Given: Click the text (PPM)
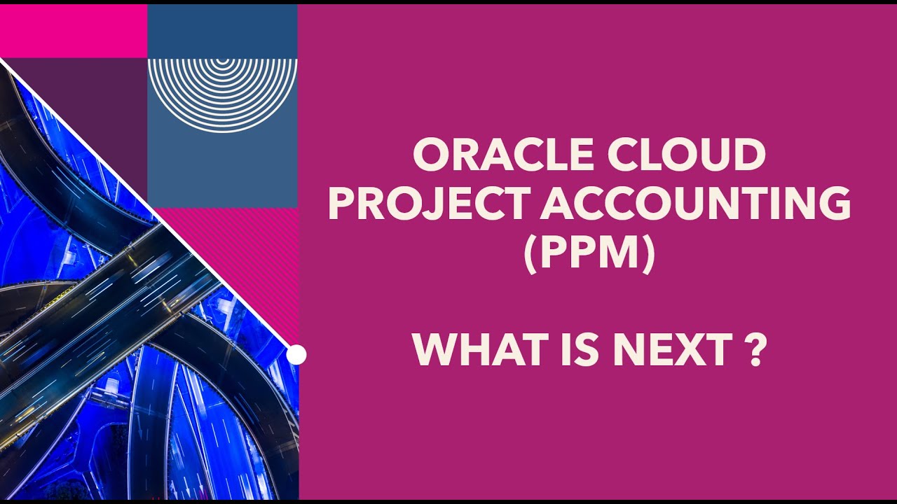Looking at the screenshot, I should [589, 254].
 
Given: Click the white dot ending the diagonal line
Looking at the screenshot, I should [296, 355].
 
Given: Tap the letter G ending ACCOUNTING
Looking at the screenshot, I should [833, 204].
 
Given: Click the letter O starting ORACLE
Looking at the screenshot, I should [432, 155].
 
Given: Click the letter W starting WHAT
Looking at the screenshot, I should [434, 350].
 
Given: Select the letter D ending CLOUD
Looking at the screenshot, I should [748, 155].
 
